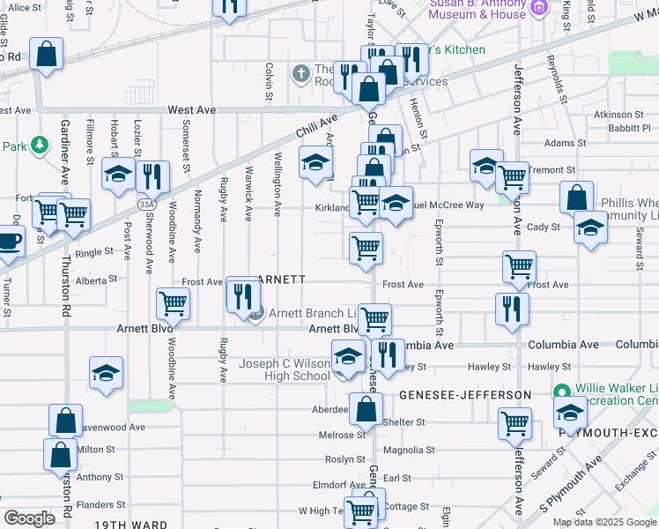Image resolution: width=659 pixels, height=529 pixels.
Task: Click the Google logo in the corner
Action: [x=30, y=518]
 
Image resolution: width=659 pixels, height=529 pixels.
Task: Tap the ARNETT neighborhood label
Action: [x=281, y=279]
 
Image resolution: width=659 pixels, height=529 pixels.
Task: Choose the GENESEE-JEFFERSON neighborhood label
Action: [x=466, y=394]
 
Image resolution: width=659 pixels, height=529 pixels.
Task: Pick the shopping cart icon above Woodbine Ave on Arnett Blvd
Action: [x=174, y=303]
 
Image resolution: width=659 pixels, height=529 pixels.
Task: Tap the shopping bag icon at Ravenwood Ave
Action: [x=65, y=420]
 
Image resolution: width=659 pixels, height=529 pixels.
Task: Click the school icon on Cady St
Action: [x=589, y=227]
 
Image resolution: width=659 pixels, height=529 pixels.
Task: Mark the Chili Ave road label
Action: [x=317, y=127]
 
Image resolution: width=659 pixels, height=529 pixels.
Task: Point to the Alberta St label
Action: [x=96, y=279]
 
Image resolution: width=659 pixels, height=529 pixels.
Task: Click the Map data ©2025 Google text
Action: [x=604, y=522]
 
